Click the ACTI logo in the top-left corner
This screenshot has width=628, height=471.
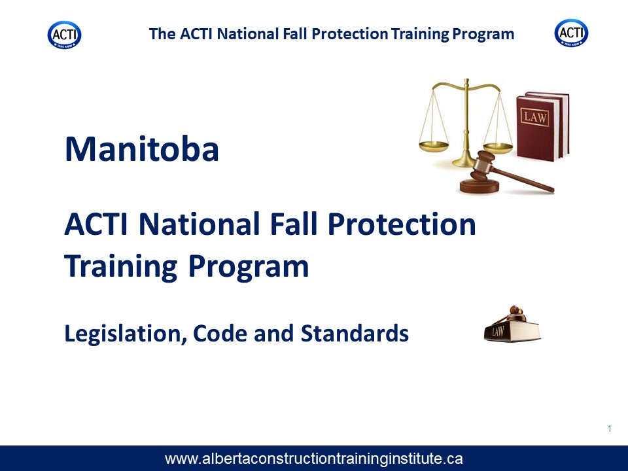tap(65, 35)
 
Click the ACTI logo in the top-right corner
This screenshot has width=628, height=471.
tap(571, 33)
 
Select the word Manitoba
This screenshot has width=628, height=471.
tap(142, 149)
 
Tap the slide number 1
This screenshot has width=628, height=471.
tap(609, 428)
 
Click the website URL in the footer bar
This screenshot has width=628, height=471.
tap(313, 458)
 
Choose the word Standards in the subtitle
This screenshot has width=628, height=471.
tap(355, 333)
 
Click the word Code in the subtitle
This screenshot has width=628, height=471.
tap(220, 333)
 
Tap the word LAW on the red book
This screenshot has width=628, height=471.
tap(535, 118)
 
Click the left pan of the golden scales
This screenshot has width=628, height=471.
tap(434, 146)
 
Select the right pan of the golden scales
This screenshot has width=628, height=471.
tap(498, 147)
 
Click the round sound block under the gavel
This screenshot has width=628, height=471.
tap(480, 186)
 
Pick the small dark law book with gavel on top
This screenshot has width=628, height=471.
tap(512, 325)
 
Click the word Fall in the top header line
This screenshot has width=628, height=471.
tap(296, 34)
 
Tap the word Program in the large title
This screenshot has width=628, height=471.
tap(249, 267)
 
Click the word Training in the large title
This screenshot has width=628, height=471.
tap(120, 267)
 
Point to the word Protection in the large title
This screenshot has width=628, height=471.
tap(402, 224)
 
